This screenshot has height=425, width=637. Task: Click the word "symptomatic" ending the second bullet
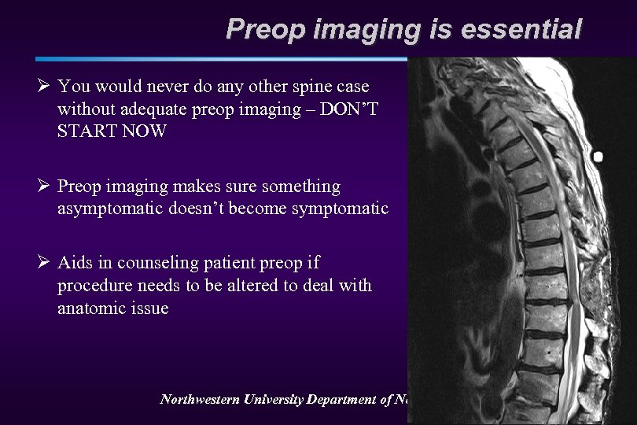tap(344, 209)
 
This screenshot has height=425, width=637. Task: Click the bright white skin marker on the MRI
tap(598, 157)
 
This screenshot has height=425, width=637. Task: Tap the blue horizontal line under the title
tap(220, 58)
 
